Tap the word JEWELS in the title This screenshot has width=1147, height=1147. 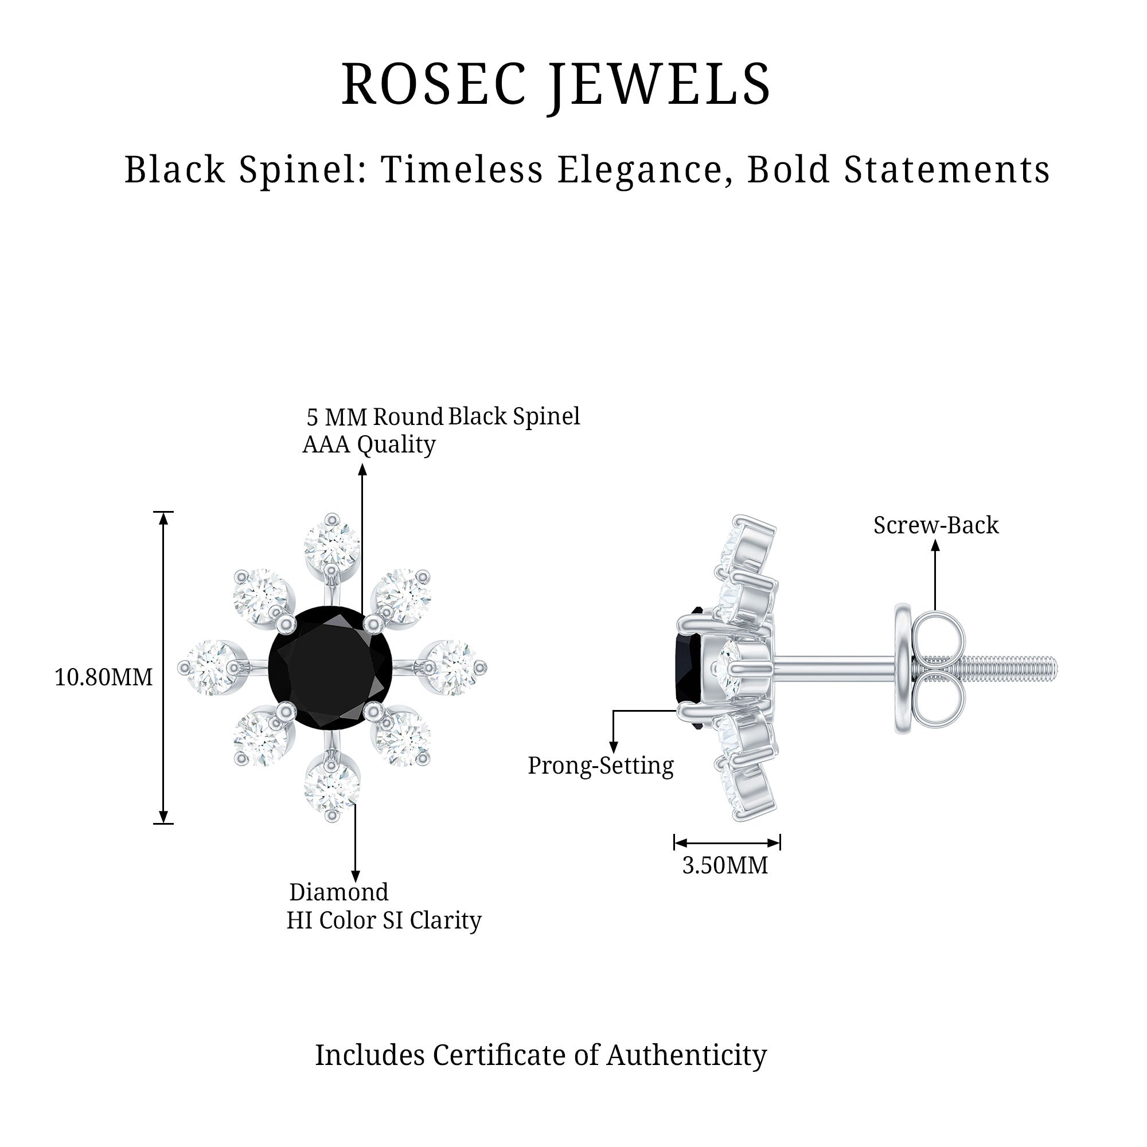660,84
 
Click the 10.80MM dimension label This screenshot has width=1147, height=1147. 103,677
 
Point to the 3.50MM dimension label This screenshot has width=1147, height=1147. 725,865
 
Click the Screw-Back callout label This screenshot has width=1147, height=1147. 935,525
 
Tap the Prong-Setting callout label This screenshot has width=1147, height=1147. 600,765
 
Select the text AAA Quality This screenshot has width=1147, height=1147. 369,444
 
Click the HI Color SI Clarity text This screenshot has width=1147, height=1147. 384,920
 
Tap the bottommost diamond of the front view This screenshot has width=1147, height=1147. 331,787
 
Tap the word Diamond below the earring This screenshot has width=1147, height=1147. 338,892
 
